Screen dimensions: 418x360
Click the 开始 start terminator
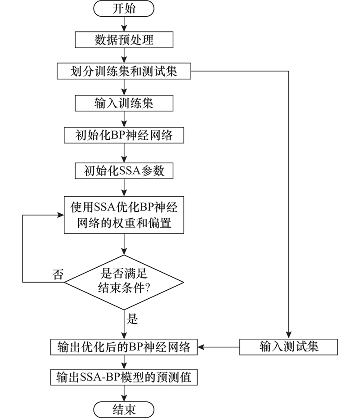coord(124,9)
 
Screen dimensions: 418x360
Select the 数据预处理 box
coord(124,40)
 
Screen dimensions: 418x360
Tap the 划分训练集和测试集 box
coord(124,71)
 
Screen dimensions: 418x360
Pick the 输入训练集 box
coord(124,103)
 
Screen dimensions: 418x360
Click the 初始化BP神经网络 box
coord(124,134)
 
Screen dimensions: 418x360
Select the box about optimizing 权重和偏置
coord(124,214)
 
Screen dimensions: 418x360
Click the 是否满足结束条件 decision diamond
coord(124,282)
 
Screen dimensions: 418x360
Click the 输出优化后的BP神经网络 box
coord(124,347)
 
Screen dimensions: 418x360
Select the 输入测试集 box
coord(288,347)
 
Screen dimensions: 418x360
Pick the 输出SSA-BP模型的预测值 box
coord(124,377)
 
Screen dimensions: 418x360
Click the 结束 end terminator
coord(124,409)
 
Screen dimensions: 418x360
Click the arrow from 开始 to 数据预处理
coord(124,24)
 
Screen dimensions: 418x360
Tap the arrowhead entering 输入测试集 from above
coord(288,335)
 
